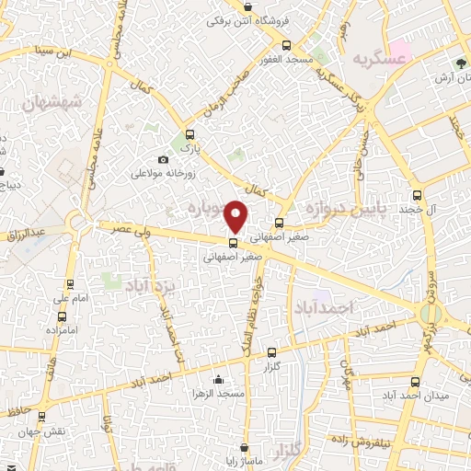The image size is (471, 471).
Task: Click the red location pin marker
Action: [x=238, y=216]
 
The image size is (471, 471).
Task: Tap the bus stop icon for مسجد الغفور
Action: [x=286, y=45]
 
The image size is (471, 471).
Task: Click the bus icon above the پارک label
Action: [x=190, y=134]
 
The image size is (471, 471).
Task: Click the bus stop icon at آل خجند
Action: [x=417, y=195]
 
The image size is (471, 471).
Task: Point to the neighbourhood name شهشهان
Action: [x=50, y=102]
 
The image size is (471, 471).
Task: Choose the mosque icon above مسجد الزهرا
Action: [x=218, y=380]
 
